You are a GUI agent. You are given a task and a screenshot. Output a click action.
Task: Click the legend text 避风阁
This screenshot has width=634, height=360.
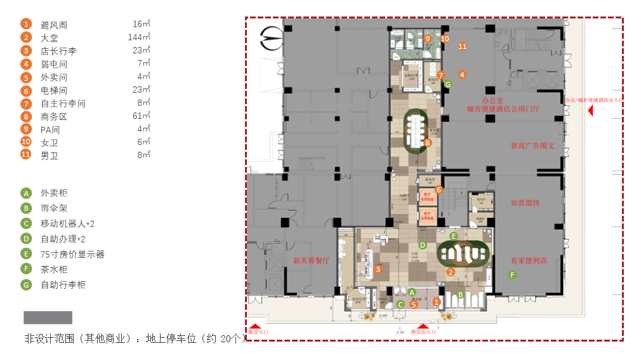(54, 25)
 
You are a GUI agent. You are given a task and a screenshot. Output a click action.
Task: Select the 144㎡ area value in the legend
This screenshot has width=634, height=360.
(139, 37)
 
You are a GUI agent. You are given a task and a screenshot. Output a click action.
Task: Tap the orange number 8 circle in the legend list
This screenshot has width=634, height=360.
(26, 116)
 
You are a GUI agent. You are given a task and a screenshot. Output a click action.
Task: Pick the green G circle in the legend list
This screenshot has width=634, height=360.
(26, 285)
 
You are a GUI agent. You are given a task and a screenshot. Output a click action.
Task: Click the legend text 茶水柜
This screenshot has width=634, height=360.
(54, 269)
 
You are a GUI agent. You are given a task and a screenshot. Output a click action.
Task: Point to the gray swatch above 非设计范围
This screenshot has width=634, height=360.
(48, 317)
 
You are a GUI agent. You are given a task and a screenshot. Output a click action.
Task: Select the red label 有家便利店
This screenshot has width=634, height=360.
(529, 260)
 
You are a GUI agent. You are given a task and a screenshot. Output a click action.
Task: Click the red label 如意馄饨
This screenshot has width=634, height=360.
(525, 203)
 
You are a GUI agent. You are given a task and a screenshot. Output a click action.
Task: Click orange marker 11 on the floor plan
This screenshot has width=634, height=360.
(463, 46)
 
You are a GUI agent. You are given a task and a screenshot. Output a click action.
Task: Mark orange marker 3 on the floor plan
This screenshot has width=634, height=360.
(378, 269)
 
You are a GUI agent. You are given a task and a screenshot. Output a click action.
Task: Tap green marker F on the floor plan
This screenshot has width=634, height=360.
(513, 275)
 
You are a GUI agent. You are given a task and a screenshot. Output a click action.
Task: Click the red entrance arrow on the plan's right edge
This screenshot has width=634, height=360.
(590, 110)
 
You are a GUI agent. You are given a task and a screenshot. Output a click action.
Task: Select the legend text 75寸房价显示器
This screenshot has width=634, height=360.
(72, 254)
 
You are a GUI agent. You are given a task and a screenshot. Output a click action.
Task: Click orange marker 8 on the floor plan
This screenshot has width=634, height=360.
(428, 143)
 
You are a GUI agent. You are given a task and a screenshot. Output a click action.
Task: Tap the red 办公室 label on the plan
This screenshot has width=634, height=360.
(492, 100)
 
